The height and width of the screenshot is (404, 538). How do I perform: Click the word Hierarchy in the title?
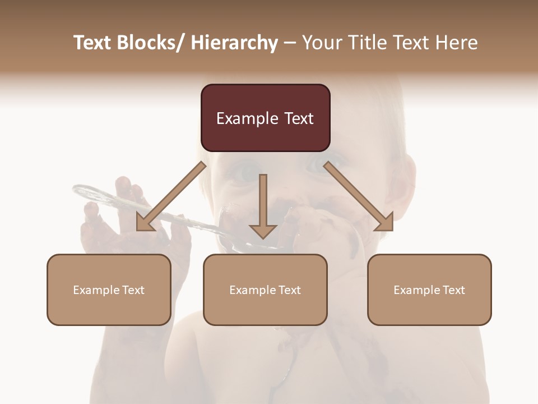click(x=234, y=43)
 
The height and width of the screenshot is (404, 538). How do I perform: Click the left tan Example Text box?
click(x=109, y=290)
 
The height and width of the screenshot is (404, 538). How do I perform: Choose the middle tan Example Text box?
click(x=265, y=290)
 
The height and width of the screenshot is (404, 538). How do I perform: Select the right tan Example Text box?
click(x=429, y=290)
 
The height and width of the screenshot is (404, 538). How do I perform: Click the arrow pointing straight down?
click(x=263, y=208)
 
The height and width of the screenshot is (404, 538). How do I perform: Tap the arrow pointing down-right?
click(x=359, y=197)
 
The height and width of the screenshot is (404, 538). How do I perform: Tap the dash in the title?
click(x=290, y=43)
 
